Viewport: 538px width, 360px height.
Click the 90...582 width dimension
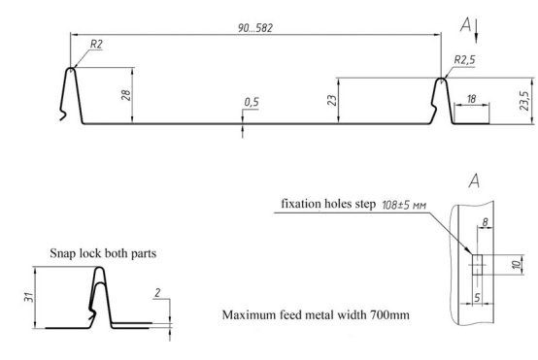pos(255,28)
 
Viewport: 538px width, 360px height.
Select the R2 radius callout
pos(96,44)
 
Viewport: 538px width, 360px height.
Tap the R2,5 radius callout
pos(464,60)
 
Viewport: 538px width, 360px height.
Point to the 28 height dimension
pos(126,95)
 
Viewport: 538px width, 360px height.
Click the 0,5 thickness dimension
pos(252,102)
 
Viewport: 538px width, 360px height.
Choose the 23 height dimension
pos(332,100)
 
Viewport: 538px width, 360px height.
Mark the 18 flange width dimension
pos(471,99)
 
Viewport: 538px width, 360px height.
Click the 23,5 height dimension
pos(524,101)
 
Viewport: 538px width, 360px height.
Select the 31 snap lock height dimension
pos(29,297)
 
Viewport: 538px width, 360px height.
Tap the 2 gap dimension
pos(157,293)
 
